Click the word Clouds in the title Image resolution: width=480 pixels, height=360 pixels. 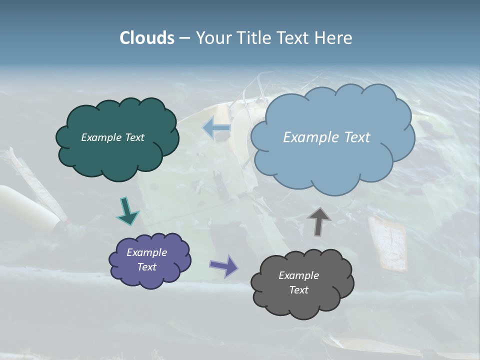[147, 38]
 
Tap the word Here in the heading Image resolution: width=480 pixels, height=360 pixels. [335, 38]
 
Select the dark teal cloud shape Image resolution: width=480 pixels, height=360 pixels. [118, 155]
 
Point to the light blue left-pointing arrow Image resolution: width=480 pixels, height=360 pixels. [217, 128]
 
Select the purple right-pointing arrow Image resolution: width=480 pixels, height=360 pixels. [223, 265]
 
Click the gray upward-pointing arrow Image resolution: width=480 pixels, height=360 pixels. [319, 220]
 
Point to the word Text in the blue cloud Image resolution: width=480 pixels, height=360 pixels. [353, 137]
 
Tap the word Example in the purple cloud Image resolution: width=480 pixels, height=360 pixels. [146, 252]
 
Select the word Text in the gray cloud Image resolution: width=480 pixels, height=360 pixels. [298, 290]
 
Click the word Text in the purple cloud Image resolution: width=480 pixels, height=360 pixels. [146, 267]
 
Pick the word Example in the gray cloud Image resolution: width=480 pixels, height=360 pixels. [298, 275]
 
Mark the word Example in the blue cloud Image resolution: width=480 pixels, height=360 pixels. [309, 137]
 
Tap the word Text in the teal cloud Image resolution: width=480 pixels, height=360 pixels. [134, 137]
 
